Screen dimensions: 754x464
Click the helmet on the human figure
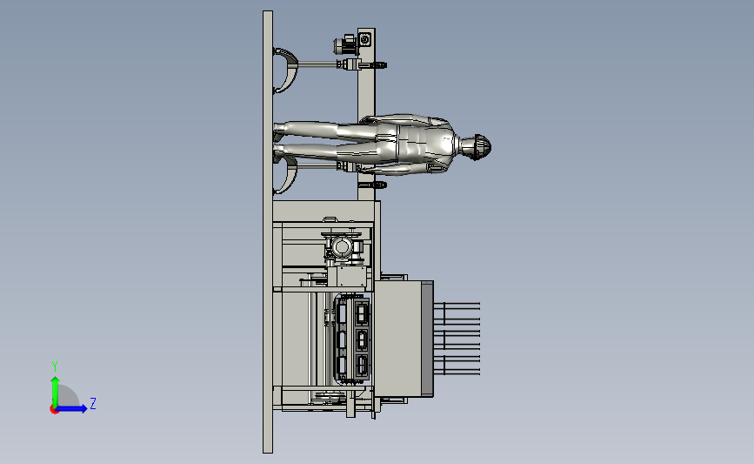point(481,146)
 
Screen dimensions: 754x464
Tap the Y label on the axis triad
point(55,366)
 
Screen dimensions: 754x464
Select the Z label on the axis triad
point(93,403)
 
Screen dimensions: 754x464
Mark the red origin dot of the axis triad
point(54,410)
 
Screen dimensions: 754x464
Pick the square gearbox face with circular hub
point(365,39)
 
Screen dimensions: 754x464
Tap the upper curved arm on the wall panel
point(287,70)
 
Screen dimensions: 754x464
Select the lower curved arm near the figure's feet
point(286,175)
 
